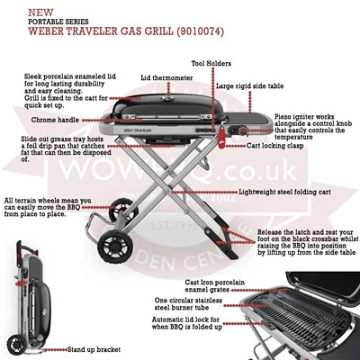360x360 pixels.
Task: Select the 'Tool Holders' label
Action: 212,64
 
